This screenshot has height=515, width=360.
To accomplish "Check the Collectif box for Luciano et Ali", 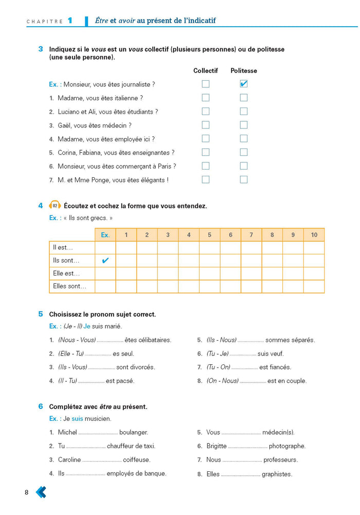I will (x=206, y=111).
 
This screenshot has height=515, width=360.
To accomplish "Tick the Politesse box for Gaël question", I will (x=244, y=125).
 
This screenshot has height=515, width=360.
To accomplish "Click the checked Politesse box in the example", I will (x=244, y=84).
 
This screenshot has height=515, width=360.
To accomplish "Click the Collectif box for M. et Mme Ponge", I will (x=206, y=179).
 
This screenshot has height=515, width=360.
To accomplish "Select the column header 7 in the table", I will (x=251, y=235).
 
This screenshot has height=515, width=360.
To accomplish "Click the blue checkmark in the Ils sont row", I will (x=105, y=261).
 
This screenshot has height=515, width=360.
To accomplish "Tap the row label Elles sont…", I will (x=70, y=286).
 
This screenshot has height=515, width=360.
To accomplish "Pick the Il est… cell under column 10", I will (x=314, y=248).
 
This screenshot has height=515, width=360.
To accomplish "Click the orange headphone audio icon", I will (x=55, y=206).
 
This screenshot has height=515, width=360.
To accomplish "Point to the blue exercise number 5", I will (x=41, y=314).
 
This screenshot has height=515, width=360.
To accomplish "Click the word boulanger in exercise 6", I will (x=134, y=433).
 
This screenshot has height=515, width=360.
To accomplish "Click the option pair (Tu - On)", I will (x=219, y=367).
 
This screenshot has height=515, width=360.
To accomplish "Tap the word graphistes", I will (x=277, y=474).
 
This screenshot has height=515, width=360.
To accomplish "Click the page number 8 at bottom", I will (x=27, y=493).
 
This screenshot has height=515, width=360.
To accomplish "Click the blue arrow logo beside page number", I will (x=41, y=492).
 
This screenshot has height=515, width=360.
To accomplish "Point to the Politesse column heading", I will (x=244, y=70).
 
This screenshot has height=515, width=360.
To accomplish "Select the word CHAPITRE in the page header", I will (x=44, y=22).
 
